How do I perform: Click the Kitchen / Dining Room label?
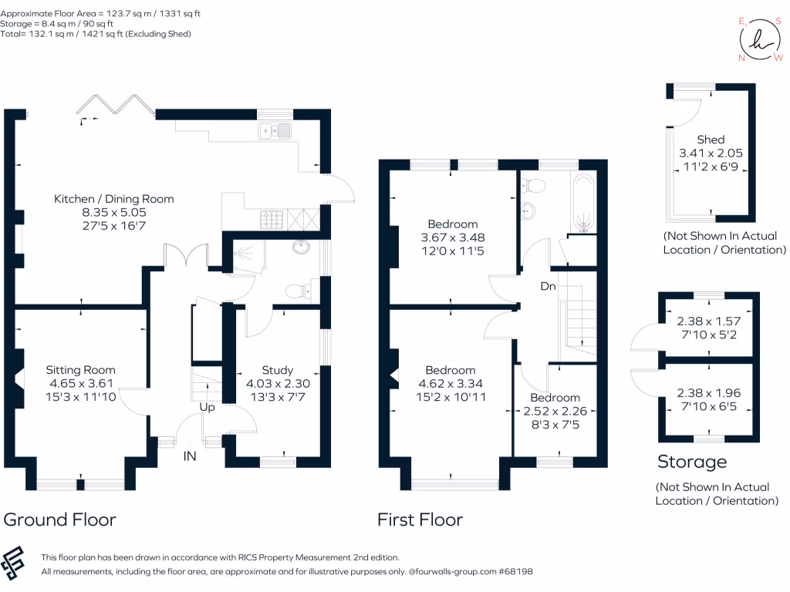tap(113, 199)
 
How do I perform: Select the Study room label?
tap(277, 370)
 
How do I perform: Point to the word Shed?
tap(711, 140)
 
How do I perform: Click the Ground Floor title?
tap(60, 519)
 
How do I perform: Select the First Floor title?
tap(420, 520)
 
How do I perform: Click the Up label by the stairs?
tap(207, 406)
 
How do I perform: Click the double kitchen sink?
tap(275, 131)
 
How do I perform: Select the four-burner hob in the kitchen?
tap(272, 220)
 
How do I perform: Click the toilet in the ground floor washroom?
tap(297, 291)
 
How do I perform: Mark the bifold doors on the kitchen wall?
tap(116, 106)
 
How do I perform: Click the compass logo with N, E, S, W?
tap(759, 39)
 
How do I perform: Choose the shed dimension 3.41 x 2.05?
tap(711, 153)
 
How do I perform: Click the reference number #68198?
tap(515, 572)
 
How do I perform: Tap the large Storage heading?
tap(692, 462)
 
